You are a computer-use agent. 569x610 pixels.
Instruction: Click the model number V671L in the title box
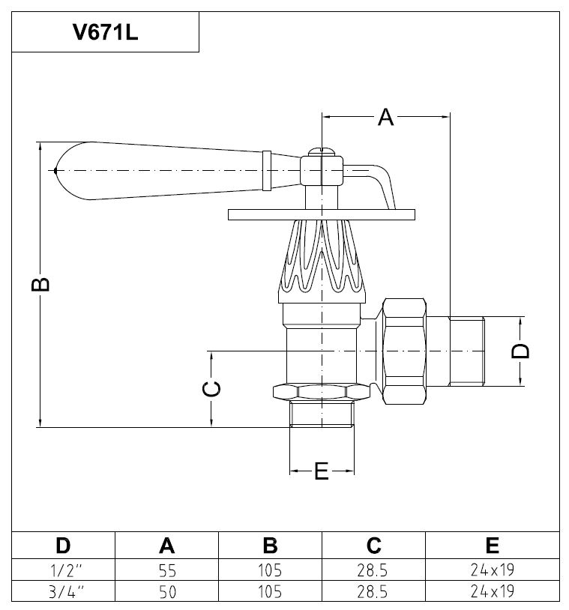pyautogui.click(x=105, y=34)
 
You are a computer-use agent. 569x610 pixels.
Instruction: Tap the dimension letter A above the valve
pyautogui.click(x=385, y=117)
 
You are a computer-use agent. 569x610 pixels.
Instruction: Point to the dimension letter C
pyautogui.click(x=212, y=388)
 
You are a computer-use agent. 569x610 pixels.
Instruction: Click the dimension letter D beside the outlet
pyautogui.click(x=523, y=351)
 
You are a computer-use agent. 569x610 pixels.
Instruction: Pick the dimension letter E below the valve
pyautogui.click(x=321, y=471)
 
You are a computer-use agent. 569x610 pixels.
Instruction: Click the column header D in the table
pyautogui.click(x=64, y=545)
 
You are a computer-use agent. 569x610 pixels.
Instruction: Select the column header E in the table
pyautogui.click(x=492, y=545)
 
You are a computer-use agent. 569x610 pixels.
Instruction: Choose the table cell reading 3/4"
pyautogui.click(x=64, y=591)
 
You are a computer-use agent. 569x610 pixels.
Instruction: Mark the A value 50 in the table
pyautogui.click(x=166, y=591)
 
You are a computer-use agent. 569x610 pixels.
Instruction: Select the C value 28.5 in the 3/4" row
pyautogui.click(x=373, y=591)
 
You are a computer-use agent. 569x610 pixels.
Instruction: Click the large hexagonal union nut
pyautogui.click(x=403, y=351)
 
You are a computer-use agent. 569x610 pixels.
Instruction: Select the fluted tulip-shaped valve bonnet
pyautogui.click(x=322, y=259)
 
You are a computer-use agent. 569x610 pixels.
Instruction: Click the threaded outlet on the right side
pyautogui.click(x=466, y=351)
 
